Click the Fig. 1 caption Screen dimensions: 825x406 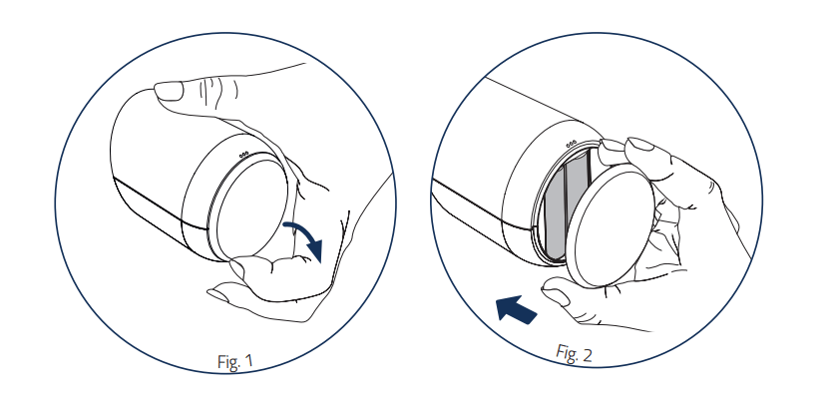point(235,361)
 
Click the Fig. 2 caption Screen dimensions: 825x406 point(574,353)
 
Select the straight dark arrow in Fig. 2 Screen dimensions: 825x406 point(517,308)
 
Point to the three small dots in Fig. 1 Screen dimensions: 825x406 point(243,155)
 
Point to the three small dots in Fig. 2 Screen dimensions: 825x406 point(572,144)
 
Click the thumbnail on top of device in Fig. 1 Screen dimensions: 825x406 point(169,92)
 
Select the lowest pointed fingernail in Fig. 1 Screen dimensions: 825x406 point(217,295)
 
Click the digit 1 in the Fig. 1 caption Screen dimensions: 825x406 point(248,361)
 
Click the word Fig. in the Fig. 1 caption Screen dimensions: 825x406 point(227,362)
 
